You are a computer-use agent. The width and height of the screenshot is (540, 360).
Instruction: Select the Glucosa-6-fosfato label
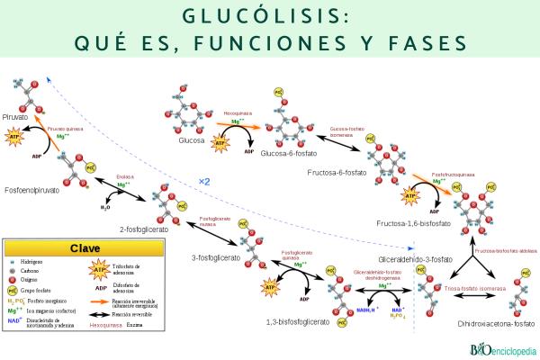292,154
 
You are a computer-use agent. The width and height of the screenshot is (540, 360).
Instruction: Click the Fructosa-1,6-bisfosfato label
413,220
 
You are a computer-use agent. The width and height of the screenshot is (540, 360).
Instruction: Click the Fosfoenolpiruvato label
38,190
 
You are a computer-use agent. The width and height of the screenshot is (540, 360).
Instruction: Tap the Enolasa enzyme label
124,176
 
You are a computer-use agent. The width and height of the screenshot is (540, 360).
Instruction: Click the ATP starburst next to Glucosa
218,142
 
